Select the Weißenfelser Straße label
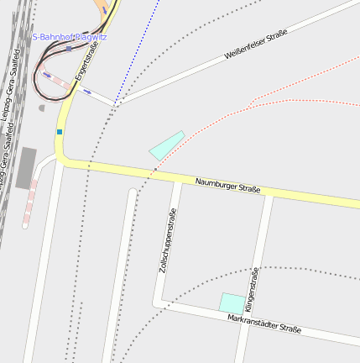pos(256,45)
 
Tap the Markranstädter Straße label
pos(263,323)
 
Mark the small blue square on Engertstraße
pos(60,131)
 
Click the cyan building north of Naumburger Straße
pos(167,145)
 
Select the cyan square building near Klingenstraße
pos(232,302)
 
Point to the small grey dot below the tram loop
pos(41,108)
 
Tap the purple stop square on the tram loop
pos(69,49)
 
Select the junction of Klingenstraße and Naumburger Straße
pos(268,193)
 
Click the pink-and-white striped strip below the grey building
pos(30,202)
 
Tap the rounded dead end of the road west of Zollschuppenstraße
pos(132,193)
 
